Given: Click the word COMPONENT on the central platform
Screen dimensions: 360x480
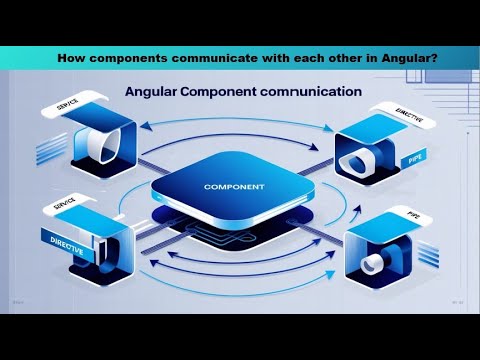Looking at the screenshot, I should click(x=232, y=187).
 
